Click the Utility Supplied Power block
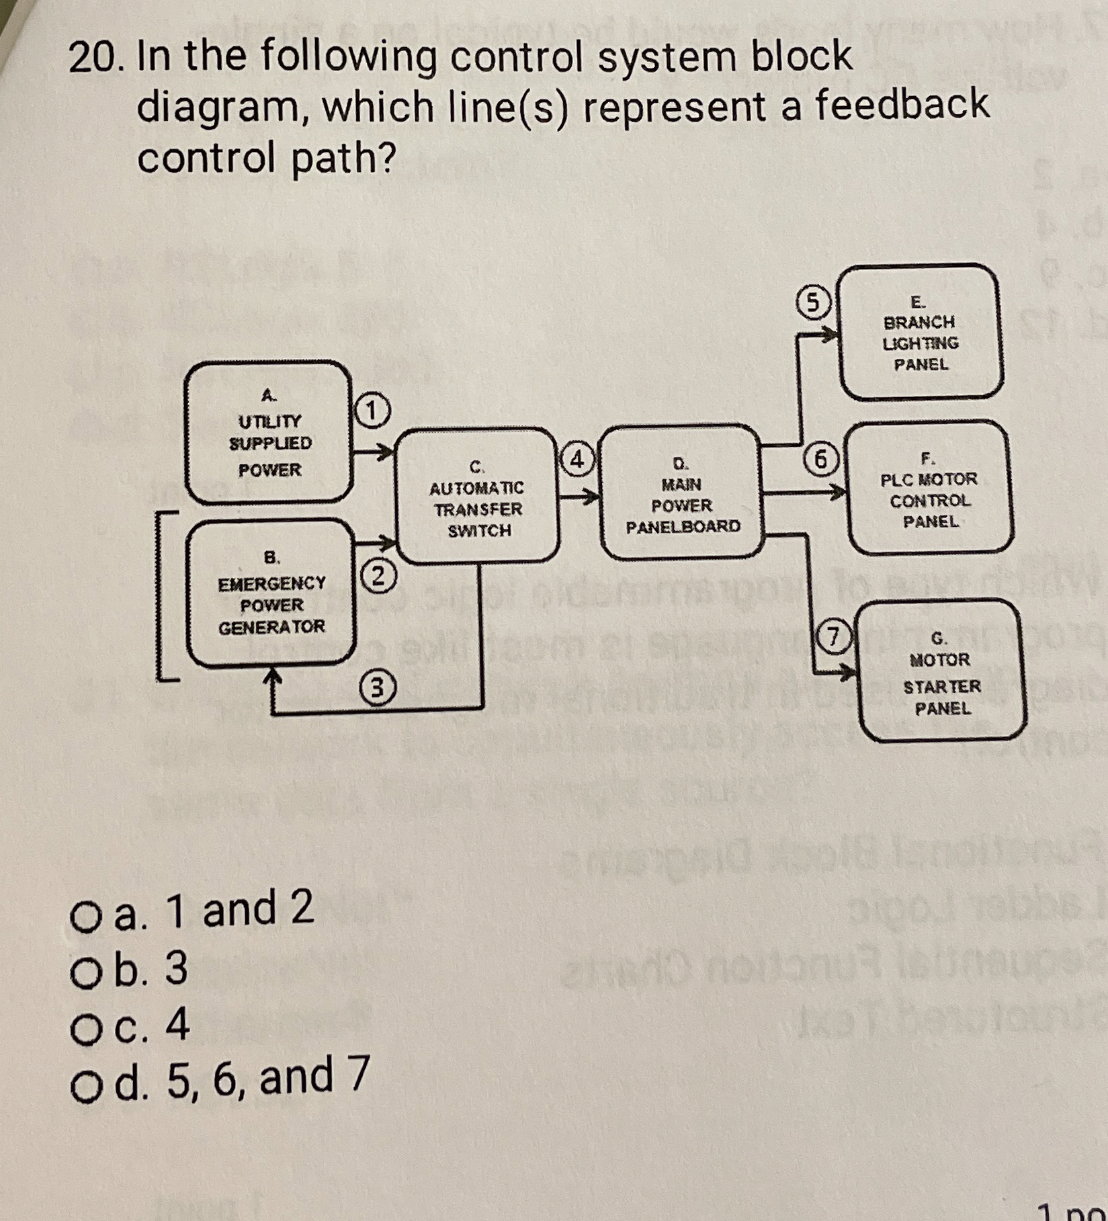coord(269,432)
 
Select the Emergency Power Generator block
coord(271,592)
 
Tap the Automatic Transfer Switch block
coord(478,496)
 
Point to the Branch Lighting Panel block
coord(921,333)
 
